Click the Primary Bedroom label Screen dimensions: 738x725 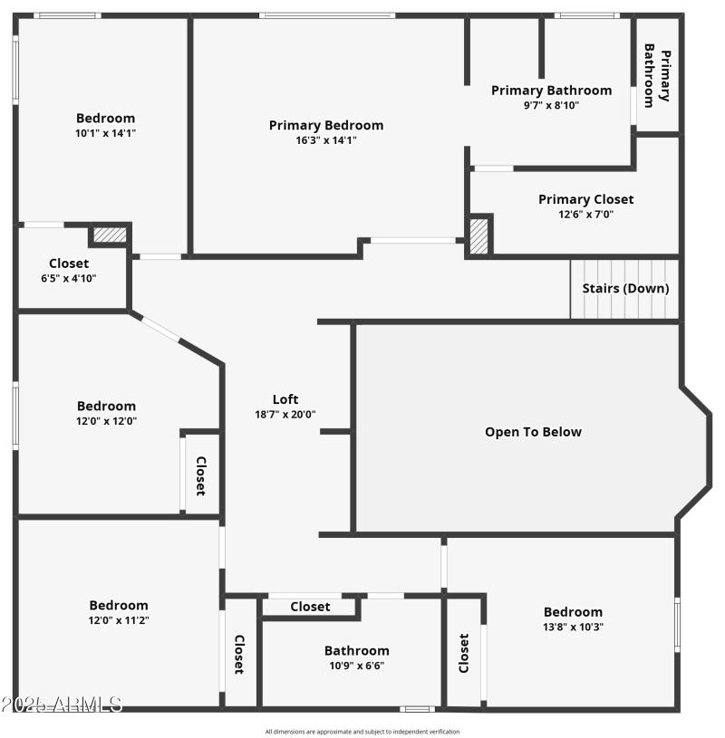pyautogui.click(x=325, y=125)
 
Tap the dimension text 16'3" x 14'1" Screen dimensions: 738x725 pyautogui.click(x=325, y=140)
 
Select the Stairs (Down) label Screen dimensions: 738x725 pyautogui.click(x=625, y=288)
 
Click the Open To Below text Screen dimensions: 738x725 pyautogui.click(x=533, y=432)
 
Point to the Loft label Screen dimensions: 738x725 pyautogui.click(x=285, y=398)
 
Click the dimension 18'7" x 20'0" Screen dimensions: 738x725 pyautogui.click(x=285, y=414)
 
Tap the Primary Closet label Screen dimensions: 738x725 pyautogui.click(x=585, y=199)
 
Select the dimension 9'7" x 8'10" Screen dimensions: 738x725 pyautogui.click(x=551, y=105)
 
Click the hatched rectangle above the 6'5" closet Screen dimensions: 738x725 pyautogui.click(x=110, y=235)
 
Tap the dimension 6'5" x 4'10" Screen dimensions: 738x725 pyautogui.click(x=69, y=278)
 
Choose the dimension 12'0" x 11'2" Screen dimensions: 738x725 pyautogui.click(x=119, y=620)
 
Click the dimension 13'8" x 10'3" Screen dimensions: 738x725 pyautogui.click(x=573, y=627)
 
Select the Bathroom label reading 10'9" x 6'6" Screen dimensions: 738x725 pyautogui.click(x=357, y=650)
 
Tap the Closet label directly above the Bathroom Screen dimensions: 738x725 pyautogui.click(x=310, y=607)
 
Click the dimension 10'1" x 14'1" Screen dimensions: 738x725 pyautogui.click(x=105, y=133)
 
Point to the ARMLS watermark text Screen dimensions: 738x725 pyautogui.click(x=62, y=704)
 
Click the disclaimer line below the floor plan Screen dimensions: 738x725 pyautogui.click(x=362, y=732)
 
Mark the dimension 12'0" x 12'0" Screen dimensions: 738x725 pyautogui.click(x=106, y=421)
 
